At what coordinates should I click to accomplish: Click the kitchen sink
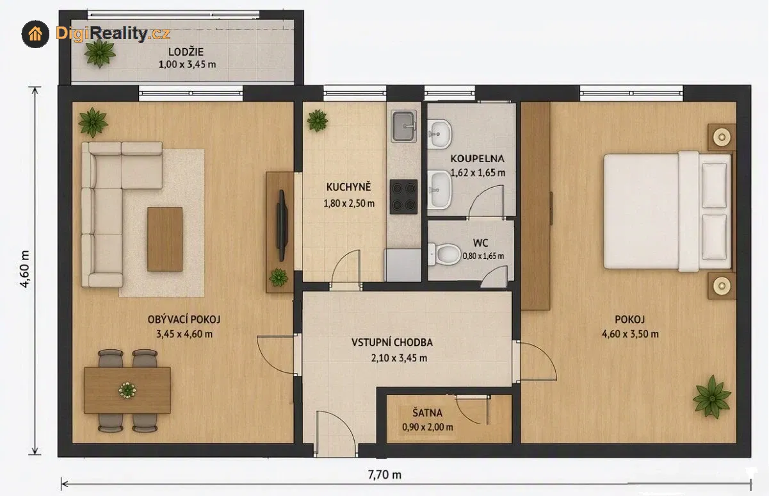click(404, 126)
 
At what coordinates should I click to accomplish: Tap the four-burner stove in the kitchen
click(404, 197)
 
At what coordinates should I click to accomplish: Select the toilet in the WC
click(444, 254)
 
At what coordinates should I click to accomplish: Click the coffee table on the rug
click(165, 239)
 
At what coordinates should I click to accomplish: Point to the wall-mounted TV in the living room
click(282, 226)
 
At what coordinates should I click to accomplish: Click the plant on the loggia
click(99, 53)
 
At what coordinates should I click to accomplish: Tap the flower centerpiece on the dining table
click(127, 390)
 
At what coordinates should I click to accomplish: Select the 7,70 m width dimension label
click(384, 475)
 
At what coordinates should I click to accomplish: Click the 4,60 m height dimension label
click(25, 269)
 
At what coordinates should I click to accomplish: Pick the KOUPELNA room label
click(477, 159)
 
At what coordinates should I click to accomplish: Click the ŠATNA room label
click(428, 413)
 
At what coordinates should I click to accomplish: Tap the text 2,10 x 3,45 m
click(399, 358)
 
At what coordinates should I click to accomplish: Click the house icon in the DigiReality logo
click(35, 34)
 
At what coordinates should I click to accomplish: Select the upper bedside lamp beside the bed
click(722, 137)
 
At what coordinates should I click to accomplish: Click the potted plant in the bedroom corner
click(711, 397)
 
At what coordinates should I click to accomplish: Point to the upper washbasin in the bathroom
click(439, 134)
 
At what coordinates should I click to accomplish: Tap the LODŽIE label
click(186, 52)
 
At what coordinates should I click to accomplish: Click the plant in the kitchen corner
click(317, 120)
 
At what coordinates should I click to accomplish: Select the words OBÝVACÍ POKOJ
click(184, 319)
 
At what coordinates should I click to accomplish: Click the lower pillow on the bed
click(715, 237)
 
